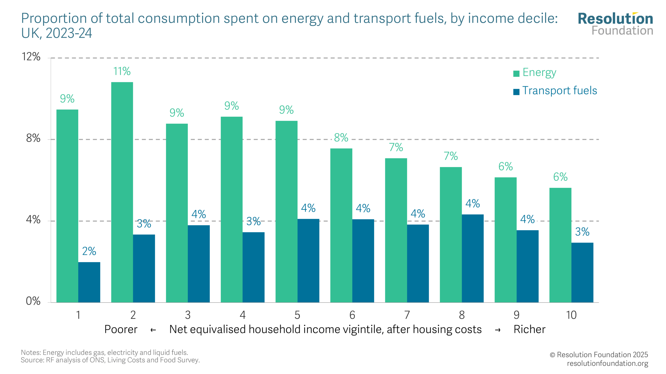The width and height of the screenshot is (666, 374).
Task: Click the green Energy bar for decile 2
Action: click(122, 192)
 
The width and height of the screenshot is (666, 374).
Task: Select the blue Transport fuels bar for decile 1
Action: click(89, 282)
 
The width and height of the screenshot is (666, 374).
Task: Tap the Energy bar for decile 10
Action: click(560, 245)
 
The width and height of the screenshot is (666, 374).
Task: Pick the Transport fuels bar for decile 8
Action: click(472, 258)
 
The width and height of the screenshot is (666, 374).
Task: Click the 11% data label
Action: click(122, 71)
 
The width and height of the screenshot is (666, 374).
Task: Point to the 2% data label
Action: click(89, 251)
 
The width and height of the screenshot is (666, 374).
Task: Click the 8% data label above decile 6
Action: click(341, 138)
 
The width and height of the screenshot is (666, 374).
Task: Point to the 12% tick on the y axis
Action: click(31, 57)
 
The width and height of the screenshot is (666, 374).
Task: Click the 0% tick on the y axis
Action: click(33, 301)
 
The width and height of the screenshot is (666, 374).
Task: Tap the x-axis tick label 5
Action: click(297, 315)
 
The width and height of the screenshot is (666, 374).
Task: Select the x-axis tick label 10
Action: click(571, 315)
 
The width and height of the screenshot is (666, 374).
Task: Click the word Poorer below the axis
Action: click(121, 329)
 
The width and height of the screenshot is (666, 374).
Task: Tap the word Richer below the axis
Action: click(529, 329)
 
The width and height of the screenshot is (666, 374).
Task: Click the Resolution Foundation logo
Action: click(615, 24)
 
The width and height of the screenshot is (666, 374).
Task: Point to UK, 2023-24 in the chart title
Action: click(56, 33)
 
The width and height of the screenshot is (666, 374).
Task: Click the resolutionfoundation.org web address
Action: click(607, 363)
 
